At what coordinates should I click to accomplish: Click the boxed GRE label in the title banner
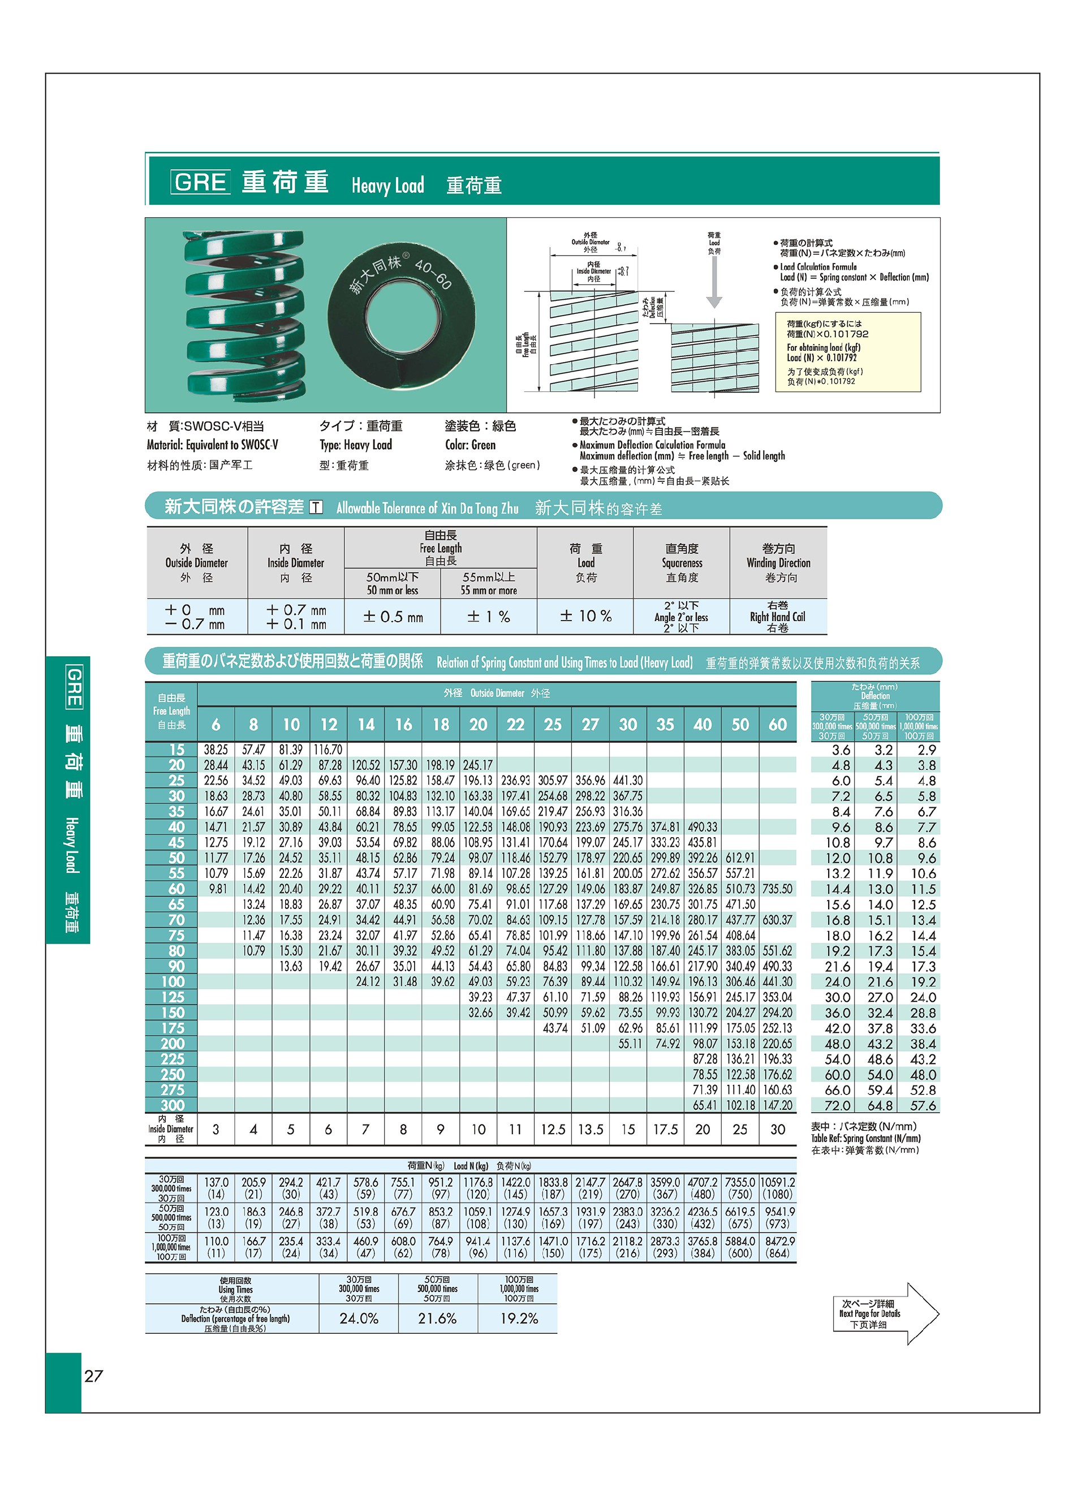[x=200, y=182]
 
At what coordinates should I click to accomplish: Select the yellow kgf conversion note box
[x=848, y=352]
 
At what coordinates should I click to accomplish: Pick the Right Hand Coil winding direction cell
[x=778, y=616]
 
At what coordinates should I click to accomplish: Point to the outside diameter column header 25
[x=553, y=725]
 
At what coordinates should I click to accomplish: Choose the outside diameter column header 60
[x=778, y=725]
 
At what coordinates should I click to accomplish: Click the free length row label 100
[x=173, y=981]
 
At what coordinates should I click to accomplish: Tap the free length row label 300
[x=173, y=1105]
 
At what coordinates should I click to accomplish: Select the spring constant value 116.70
[x=328, y=750]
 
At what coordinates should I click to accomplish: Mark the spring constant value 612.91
[x=740, y=858]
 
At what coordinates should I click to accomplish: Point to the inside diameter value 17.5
[x=665, y=1130]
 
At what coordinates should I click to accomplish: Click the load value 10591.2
[x=778, y=1182]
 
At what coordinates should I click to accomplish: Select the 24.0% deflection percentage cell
[x=359, y=1319]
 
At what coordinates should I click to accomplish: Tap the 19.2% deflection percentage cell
[x=519, y=1319]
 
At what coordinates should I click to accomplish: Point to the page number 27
[x=94, y=1376]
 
